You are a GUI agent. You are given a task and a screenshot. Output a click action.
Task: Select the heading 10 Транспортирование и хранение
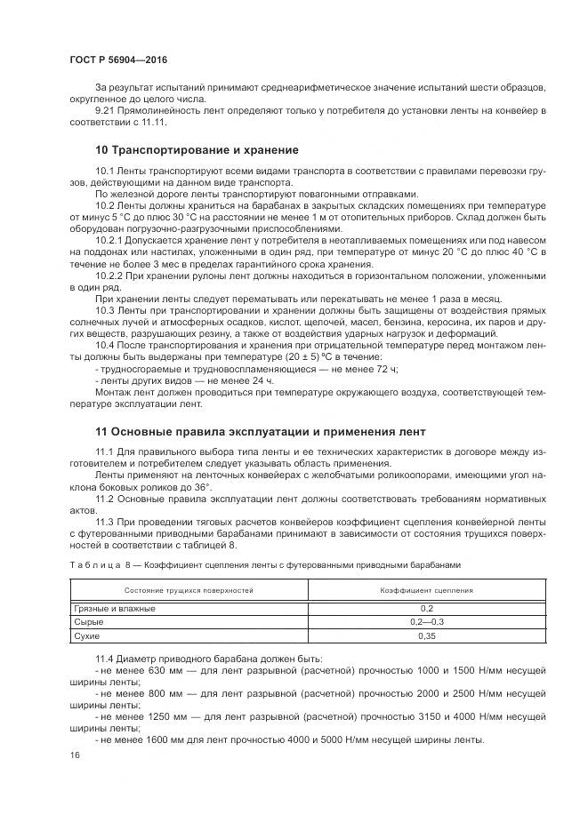[197, 149]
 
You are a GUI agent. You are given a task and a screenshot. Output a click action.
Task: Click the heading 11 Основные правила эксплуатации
[248, 432]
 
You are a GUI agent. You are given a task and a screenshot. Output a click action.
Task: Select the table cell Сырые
[86, 622]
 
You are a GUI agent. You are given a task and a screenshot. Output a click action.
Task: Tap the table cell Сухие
[85, 636]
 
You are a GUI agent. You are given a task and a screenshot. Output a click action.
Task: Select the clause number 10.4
[106, 343]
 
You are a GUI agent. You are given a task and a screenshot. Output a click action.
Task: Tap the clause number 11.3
[106, 520]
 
